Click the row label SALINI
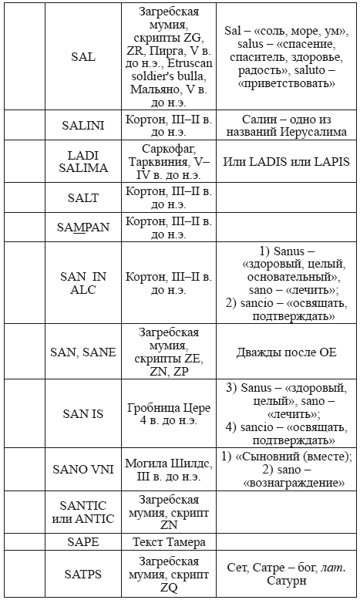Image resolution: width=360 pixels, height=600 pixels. click(82, 125)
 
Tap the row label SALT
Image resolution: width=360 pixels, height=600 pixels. click(82, 198)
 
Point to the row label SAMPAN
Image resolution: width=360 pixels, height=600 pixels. click(82, 228)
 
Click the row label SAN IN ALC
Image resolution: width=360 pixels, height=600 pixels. click(82, 282)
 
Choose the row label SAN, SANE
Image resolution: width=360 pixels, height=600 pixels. click(82, 352)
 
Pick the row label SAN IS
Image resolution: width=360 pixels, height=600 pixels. click(82, 413)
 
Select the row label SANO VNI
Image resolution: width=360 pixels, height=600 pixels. click(82, 468)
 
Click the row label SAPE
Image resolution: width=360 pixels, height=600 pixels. click(82, 541)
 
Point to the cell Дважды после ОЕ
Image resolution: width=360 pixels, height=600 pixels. click(286, 352)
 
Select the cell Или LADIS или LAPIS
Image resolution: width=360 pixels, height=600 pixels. click(286, 161)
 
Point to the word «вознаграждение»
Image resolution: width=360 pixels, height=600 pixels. click(286, 483)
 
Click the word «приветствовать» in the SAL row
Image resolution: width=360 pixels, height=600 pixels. click(286, 84)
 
